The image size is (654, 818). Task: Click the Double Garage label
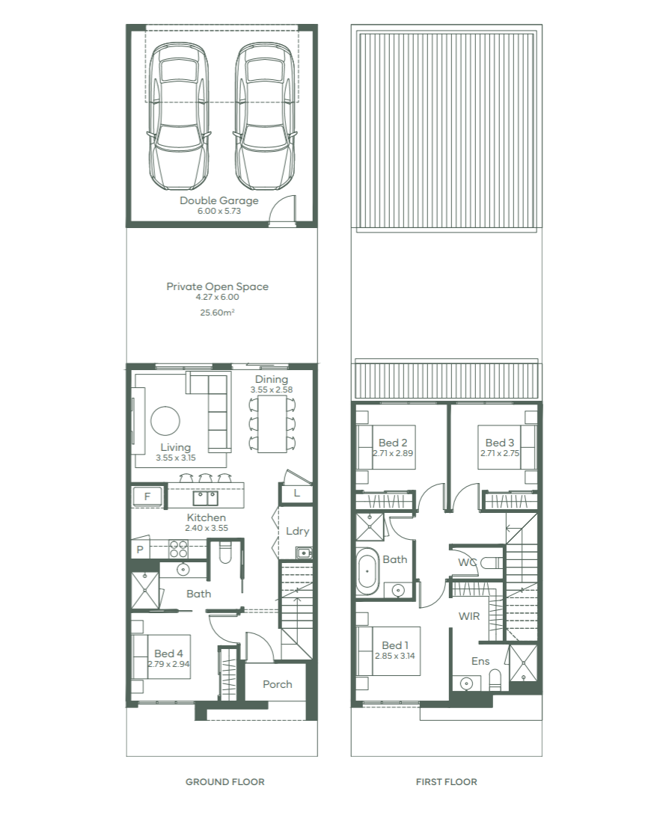click(x=219, y=200)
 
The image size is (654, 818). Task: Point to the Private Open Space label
click(x=217, y=286)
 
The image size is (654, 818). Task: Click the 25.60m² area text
click(x=217, y=313)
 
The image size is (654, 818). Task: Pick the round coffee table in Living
click(x=165, y=420)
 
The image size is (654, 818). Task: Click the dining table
click(x=272, y=424)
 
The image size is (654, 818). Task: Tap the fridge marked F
click(x=147, y=496)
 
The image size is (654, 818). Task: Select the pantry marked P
click(x=140, y=549)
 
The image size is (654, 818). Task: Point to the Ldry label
click(x=298, y=531)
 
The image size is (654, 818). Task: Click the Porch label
click(x=277, y=684)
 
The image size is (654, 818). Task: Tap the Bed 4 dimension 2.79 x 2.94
click(x=168, y=664)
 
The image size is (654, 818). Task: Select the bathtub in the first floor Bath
click(x=367, y=571)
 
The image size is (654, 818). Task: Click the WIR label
click(x=468, y=616)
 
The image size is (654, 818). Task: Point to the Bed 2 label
click(x=393, y=443)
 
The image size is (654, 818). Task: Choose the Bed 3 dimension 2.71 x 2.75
click(x=500, y=453)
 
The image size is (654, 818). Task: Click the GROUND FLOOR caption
click(x=225, y=781)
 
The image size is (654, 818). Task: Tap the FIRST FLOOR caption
click(x=446, y=781)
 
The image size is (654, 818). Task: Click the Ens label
click(x=480, y=661)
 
